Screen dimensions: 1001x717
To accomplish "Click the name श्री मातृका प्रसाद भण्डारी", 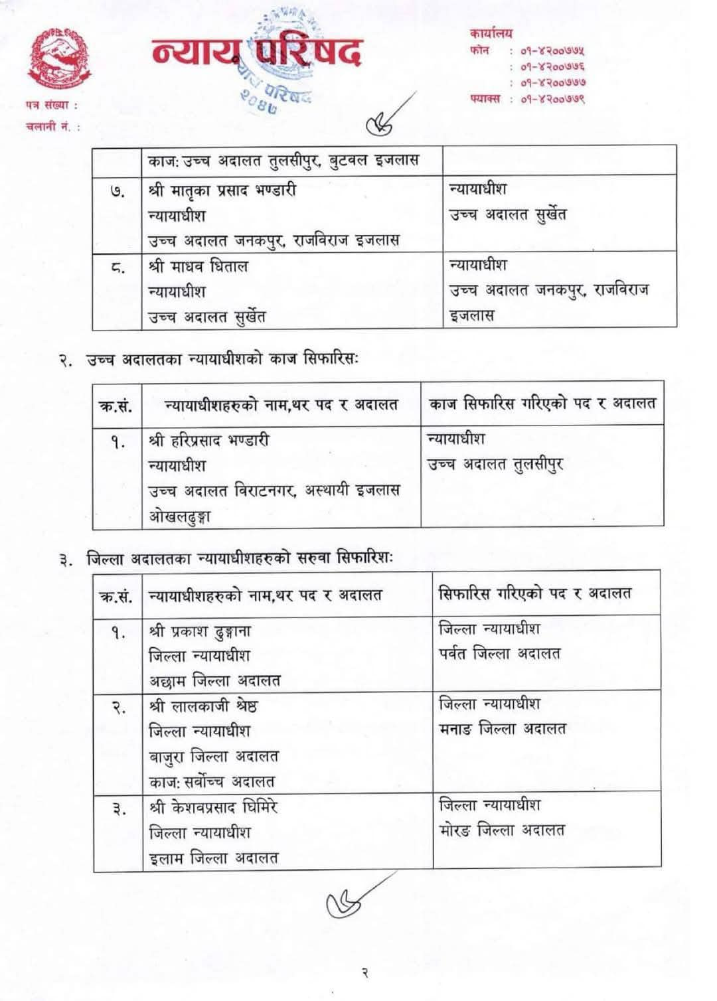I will click(222, 191).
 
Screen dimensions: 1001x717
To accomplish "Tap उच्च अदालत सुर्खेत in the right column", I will click(508, 215).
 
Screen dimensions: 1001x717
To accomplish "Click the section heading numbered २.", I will click(212, 359).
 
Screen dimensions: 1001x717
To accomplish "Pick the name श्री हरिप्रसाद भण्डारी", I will click(209, 440).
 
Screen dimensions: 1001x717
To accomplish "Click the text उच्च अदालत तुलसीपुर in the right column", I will click(495, 465).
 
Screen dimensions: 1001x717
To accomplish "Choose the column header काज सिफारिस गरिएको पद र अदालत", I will click(542, 403).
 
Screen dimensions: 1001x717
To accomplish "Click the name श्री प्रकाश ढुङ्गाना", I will click(200, 631).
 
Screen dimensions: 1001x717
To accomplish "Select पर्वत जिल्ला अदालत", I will click(499, 654).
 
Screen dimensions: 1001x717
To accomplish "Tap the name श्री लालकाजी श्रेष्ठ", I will click(203, 706).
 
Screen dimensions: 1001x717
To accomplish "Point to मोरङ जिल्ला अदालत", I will click(501, 830).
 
